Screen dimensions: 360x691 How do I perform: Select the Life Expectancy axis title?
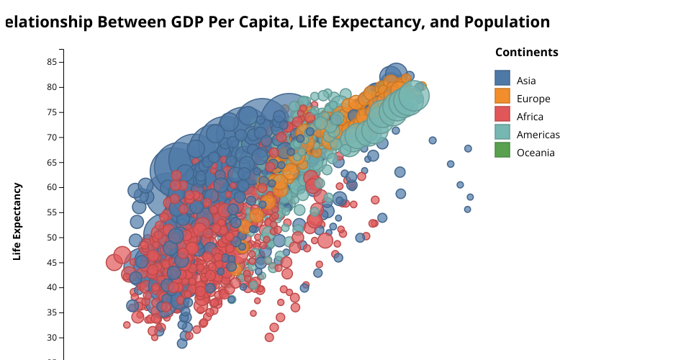17,221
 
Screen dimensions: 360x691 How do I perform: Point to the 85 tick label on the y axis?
52,62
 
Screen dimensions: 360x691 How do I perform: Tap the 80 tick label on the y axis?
52,87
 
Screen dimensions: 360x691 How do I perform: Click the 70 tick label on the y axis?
52,138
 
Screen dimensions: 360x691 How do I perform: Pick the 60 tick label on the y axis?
52,187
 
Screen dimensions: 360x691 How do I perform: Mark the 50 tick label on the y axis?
52,238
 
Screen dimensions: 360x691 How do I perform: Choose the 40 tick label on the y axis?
52,287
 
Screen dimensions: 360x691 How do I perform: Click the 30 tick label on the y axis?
52,338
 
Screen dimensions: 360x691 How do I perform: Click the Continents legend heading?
526,53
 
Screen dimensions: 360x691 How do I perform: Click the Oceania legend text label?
536,153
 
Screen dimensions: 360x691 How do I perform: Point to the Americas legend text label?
538,135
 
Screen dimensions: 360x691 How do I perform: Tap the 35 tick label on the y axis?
52,312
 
